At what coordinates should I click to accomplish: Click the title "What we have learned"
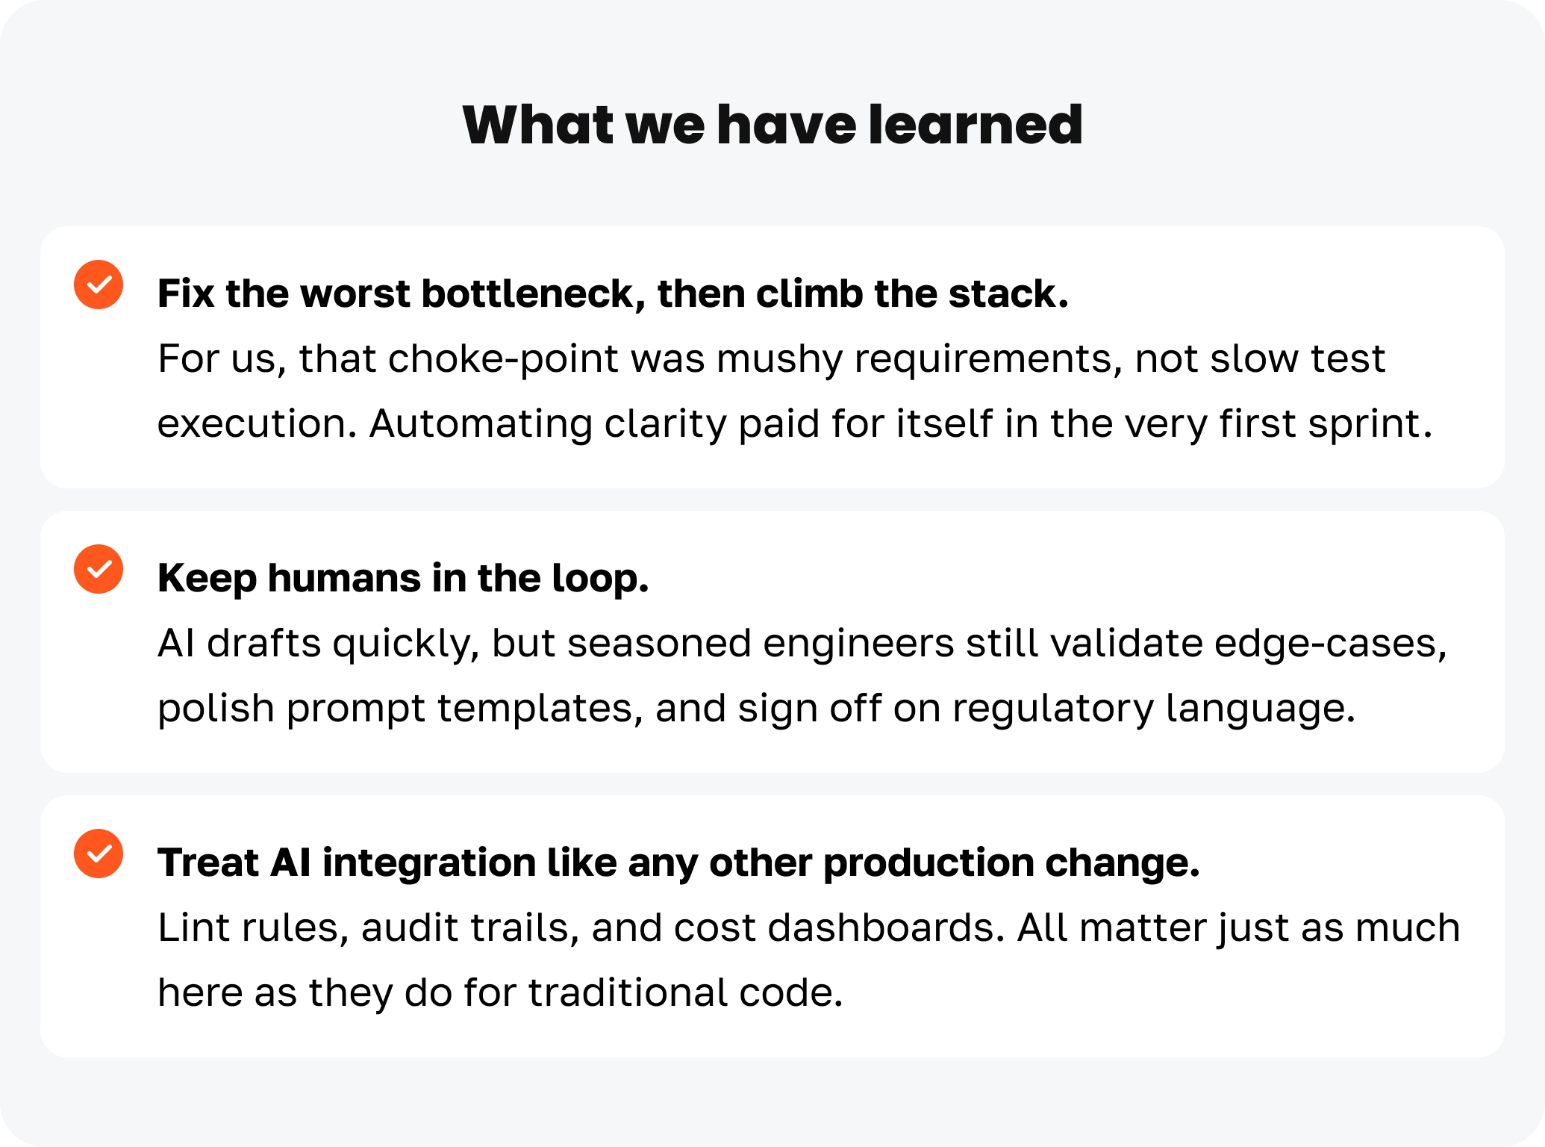coord(772,124)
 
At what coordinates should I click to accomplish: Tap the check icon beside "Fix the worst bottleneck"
coord(99,285)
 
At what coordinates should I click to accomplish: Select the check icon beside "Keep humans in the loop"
coord(99,569)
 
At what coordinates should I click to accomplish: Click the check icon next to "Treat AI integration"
coord(99,854)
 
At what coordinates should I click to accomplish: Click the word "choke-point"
coord(503,358)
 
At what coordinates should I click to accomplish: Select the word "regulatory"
coord(1052,709)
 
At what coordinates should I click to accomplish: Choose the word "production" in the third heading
coord(928,864)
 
